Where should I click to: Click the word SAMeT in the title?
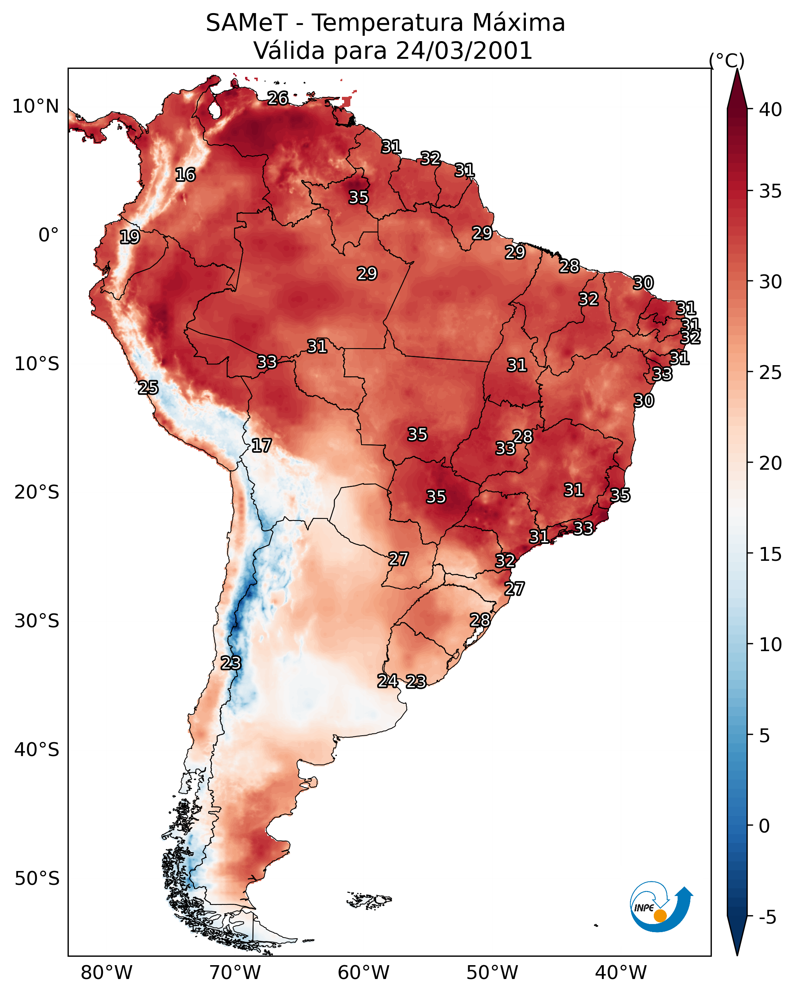click(x=247, y=23)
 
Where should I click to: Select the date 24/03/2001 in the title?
click(x=464, y=51)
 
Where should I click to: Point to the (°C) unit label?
click(x=727, y=60)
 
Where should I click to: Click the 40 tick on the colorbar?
click(x=771, y=110)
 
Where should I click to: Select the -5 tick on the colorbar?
click(x=768, y=918)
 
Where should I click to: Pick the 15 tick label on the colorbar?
click(x=771, y=554)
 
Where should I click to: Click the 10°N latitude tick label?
click(x=35, y=106)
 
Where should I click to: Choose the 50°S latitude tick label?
click(x=37, y=878)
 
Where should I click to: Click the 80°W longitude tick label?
click(x=106, y=973)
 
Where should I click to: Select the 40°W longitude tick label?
click(x=621, y=973)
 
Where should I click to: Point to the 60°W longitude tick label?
click(x=364, y=973)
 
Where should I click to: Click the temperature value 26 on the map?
click(x=278, y=98)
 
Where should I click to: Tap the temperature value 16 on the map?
click(x=185, y=175)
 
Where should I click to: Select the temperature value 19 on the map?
click(x=129, y=237)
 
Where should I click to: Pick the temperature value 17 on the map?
click(x=261, y=445)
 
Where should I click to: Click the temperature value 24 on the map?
click(x=388, y=681)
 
